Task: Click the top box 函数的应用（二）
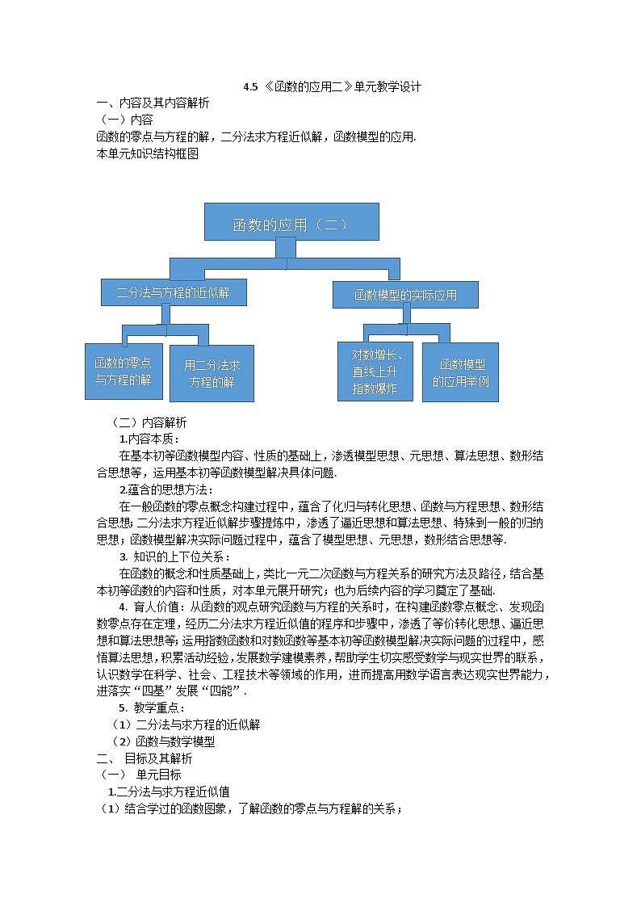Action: click(291, 222)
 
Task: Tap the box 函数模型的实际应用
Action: click(405, 295)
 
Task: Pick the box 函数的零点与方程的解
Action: click(124, 371)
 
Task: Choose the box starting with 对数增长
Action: click(375, 372)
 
